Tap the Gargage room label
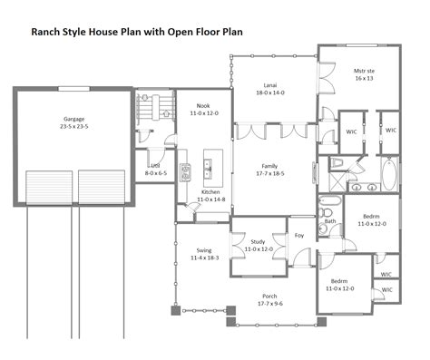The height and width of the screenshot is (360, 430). coord(74,119)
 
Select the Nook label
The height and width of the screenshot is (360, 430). coord(203,106)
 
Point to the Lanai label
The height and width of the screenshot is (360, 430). coord(270,85)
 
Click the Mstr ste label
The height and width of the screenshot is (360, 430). coord(364,71)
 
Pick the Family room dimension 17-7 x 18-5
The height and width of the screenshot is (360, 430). coord(270,173)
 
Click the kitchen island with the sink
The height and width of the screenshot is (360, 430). coord(213,168)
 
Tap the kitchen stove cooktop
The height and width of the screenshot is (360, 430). coord(185,172)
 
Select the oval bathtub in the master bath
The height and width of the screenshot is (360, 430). coord(389,174)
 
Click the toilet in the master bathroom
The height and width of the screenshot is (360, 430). coord(336,162)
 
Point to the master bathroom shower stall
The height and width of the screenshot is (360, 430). coord(337,181)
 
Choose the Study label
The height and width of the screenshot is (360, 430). coord(258,242)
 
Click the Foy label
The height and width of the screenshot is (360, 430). coord(299,235)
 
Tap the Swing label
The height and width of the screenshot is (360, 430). coord(204,250)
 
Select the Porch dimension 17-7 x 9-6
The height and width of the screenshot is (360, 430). coord(270,304)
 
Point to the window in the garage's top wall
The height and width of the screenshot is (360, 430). coord(74,89)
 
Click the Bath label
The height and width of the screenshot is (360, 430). coord(330,221)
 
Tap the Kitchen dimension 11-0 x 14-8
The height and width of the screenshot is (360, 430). coord(211,199)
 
